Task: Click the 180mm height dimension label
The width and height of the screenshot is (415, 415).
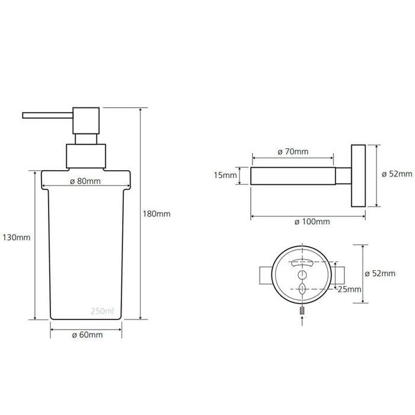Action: coord(157,213)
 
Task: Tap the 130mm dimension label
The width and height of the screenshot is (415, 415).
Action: coord(17,237)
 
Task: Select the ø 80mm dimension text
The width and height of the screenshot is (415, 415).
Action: coord(85,181)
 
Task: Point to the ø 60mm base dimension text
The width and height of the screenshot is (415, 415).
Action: coord(87,335)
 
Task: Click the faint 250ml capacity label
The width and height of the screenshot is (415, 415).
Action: coord(103,311)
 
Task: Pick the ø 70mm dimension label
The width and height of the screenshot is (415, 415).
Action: coord(293,152)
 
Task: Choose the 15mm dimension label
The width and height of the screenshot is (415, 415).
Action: coord(225,175)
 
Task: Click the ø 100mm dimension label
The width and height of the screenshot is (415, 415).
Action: coord(312,222)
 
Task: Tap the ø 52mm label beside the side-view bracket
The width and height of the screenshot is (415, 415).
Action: coord(397,174)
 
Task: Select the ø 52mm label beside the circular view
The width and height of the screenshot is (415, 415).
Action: coord(380,273)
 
